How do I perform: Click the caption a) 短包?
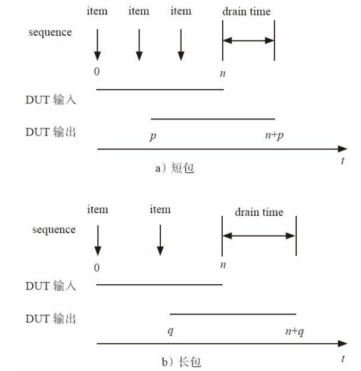point(175,168)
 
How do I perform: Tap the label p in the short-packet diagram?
point(153,136)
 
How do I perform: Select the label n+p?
point(274,136)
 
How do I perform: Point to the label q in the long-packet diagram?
point(170,331)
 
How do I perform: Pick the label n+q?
point(295,331)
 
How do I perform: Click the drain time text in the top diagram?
point(246,11)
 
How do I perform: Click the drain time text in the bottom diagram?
point(259,212)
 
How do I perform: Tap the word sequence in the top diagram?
point(50,32)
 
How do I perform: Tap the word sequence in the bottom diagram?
point(54,229)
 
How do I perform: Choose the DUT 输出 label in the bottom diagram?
point(51,319)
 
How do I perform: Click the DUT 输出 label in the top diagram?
point(50,132)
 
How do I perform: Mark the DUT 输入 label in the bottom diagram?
point(51,286)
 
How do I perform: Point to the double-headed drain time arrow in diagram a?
point(248,41)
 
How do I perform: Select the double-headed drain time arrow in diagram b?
point(259,236)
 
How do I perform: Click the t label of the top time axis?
point(343,162)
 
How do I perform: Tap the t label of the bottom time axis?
point(343,358)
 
